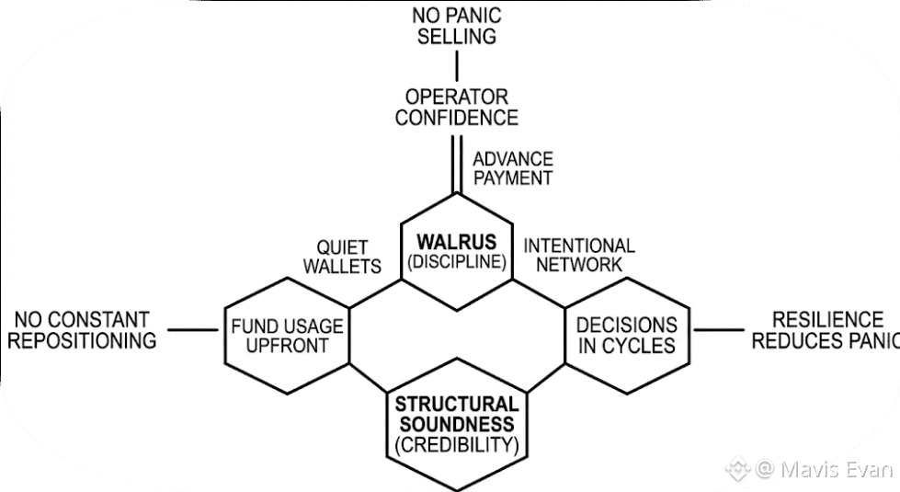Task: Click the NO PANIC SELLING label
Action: click(x=457, y=25)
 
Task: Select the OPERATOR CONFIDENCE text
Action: click(x=457, y=107)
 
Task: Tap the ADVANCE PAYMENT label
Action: click(x=512, y=168)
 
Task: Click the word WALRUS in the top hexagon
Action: click(x=457, y=242)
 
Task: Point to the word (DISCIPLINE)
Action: click(x=457, y=262)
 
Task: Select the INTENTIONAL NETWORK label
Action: click(x=578, y=255)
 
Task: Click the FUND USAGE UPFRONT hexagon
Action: click(x=287, y=336)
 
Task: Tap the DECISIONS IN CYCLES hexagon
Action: click(x=626, y=335)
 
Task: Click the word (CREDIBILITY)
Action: click(x=457, y=446)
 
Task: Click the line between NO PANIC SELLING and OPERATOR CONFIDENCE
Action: click(x=457, y=66)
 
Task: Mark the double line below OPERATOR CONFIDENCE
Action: click(x=454, y=162)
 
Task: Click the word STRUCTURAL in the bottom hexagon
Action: click(x=457, y=405)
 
